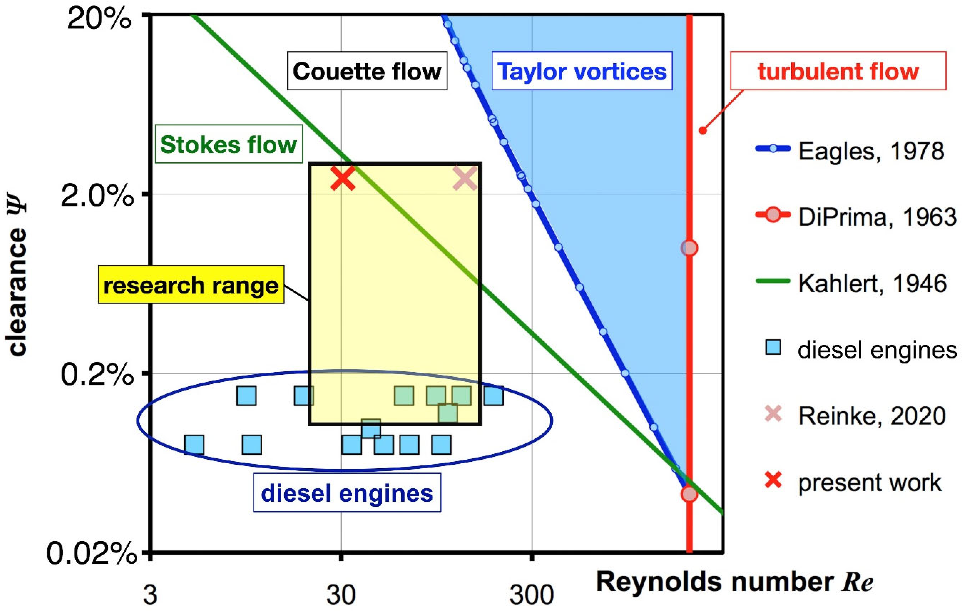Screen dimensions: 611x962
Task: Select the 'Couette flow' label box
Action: point(367,71)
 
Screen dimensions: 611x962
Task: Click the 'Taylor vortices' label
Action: point(582,71)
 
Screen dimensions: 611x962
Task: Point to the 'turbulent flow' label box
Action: point(838,71)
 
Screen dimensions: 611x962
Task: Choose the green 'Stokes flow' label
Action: point(228,144)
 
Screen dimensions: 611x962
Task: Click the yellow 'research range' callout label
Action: point(191,285)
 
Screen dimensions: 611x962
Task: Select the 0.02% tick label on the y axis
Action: point(92,553)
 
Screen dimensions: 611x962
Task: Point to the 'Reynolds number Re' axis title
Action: point(734,581)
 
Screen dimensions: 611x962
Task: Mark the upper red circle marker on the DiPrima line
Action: point(689,248)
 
